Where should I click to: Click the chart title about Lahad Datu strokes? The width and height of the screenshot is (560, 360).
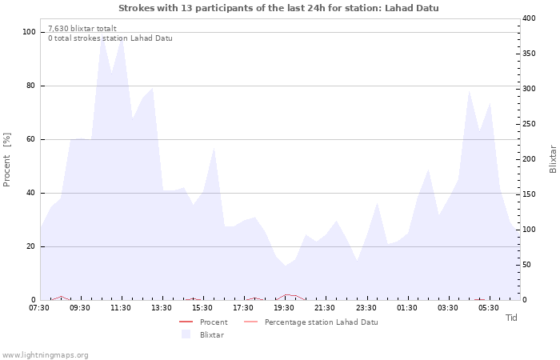pos(278,8)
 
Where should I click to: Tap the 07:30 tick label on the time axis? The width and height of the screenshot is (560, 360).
pos(39,308)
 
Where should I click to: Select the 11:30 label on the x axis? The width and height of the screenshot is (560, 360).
pos(121,308)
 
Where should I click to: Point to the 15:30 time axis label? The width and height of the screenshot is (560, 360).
pos(202,308)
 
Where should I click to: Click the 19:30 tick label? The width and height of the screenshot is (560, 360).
pos(284,308)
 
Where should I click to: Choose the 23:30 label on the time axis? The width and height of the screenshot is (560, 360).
pos(366,308)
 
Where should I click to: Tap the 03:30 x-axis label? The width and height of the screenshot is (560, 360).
pos(447,308)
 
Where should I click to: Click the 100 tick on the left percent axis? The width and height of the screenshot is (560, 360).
pos(30,32)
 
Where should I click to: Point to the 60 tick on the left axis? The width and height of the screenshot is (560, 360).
pos(32,139)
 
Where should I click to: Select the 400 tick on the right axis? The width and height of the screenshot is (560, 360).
pos(530,18)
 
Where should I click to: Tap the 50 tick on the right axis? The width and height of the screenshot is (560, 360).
pos(527,265)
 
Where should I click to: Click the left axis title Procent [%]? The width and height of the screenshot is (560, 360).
pos(7,159)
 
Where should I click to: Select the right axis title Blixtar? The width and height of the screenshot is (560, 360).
pos(553,159)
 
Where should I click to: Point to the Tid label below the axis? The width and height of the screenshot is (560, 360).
pos(511,318)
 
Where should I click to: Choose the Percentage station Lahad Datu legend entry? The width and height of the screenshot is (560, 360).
pos(321,322)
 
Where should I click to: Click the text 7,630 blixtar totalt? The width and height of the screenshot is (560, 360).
pos(82,28)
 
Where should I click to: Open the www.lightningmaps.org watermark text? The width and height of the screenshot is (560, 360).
pos(45,354)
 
